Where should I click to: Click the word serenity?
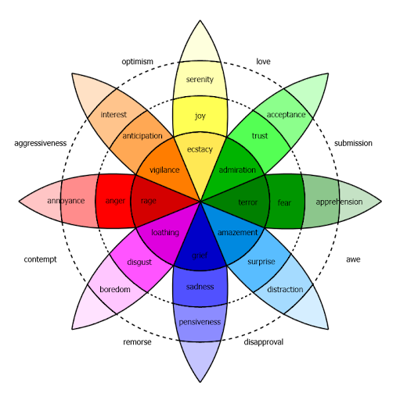point(200,80)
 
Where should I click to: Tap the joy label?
point(200,116)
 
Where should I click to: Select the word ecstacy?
point(200,148)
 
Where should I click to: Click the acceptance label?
point(286,115)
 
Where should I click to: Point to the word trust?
point(259,136)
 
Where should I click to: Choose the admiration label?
point(237,170)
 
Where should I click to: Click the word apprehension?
point(339,202)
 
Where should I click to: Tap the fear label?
point(284,202)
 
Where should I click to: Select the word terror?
point(247,202)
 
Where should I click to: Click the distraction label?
point(284,290)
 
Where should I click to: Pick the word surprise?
point(261,262)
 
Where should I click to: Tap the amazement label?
point(236,233)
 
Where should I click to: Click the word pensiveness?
point(200,322)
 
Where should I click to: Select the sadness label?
point(200,287)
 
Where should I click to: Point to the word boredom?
point(114,290)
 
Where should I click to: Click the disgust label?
point(139,262)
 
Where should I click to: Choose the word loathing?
point(164,233)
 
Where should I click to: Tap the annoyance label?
point(66,202)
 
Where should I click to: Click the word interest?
point(114,115)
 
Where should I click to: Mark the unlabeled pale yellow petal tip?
point(200,43)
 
